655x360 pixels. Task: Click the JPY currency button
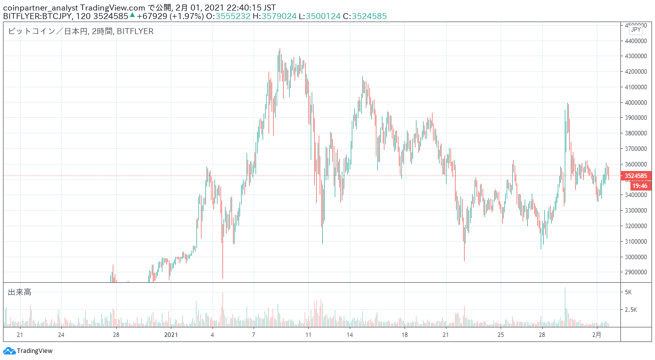[635, 30]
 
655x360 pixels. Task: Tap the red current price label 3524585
[635, 176]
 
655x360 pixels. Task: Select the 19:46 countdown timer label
[639, 186]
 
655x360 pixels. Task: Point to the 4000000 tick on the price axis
[635, 103]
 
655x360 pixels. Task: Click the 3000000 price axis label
[635, 257]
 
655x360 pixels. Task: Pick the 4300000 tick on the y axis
[635, 56]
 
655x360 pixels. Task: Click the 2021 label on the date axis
[171, 334]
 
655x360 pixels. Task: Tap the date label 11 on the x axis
[308, 334]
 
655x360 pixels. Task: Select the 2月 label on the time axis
[597, 334]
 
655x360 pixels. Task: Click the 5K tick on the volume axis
[628, 292]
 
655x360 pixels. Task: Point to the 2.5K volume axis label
[631, 310]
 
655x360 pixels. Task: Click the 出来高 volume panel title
[20, 292]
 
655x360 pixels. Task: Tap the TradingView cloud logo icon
[9, 350]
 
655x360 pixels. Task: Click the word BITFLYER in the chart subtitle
[135, 31]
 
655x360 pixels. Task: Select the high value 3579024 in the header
[279, 16]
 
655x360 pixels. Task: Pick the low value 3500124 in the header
[323, 16]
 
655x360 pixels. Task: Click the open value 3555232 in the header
[233, 16]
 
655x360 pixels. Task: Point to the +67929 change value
[152, 16]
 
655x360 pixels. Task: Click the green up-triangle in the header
[132, 15]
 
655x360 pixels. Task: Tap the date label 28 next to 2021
[116, 334]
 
